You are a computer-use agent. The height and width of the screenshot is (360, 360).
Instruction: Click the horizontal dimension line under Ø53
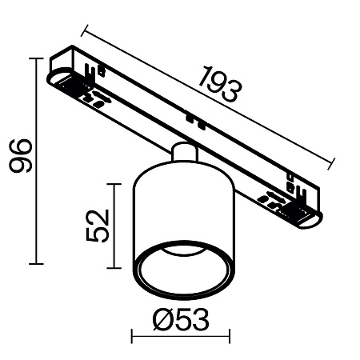[180, 337]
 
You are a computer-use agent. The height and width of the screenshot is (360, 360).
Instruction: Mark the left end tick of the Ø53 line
[131, 337]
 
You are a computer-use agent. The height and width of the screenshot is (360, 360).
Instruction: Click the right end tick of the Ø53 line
[230, 337]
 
